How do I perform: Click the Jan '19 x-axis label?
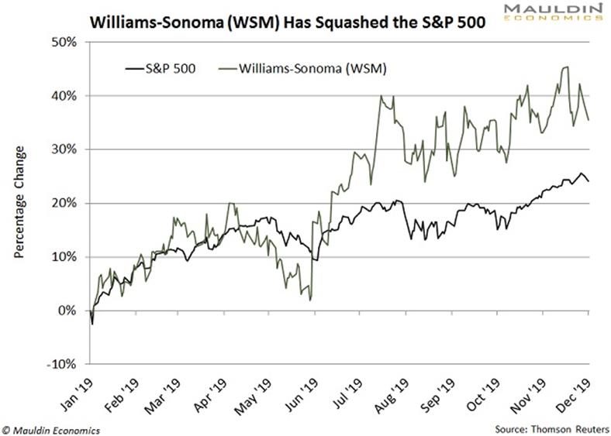tap(81, 388)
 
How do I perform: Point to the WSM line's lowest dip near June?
tap(310, 300)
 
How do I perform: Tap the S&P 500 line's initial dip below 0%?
tap(93, 324)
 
